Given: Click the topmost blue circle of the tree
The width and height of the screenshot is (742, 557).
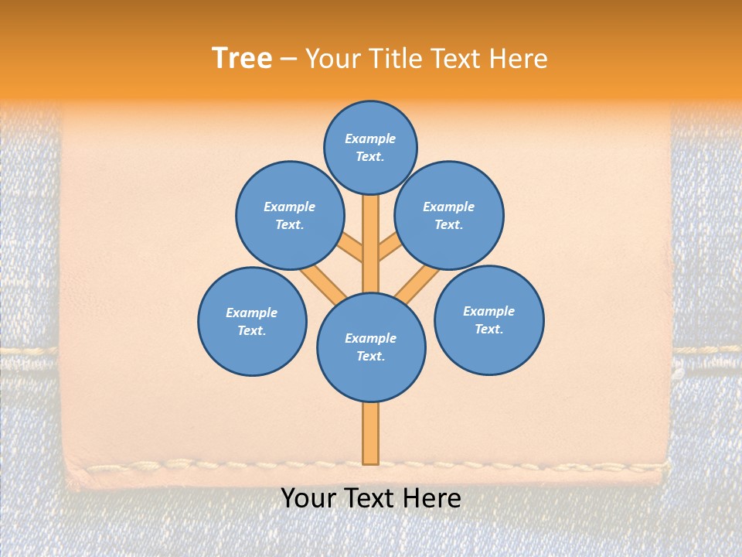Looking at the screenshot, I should click(370, 147).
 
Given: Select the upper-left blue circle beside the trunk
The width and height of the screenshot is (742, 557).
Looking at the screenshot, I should click(290, 215).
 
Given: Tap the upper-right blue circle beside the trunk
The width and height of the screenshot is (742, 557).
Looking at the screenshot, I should click(449, 215).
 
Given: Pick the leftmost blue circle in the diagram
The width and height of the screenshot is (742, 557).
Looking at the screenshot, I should click(252, 321).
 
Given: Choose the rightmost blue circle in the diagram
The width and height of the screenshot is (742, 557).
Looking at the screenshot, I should click(489, 320).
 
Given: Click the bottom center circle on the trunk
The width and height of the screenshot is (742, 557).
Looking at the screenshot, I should click(371, 347).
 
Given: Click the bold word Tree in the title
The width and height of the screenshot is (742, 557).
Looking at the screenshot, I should click(242, 58).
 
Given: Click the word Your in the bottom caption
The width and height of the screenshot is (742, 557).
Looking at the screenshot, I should click(308, 498).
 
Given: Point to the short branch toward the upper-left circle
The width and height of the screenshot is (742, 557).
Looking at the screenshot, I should click(351, 248).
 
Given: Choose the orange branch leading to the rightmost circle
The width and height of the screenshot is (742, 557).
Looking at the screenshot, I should click(418, 283).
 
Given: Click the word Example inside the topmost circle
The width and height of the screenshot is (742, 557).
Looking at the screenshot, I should click(370, 138).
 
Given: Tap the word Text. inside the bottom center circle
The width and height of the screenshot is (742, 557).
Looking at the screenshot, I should click(371, 357).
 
